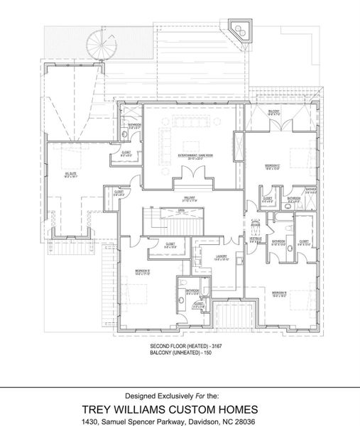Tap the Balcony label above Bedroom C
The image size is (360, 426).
[273, 111]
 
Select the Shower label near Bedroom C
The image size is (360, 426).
[310, 190]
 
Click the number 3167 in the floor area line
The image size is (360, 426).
[204, 344]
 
